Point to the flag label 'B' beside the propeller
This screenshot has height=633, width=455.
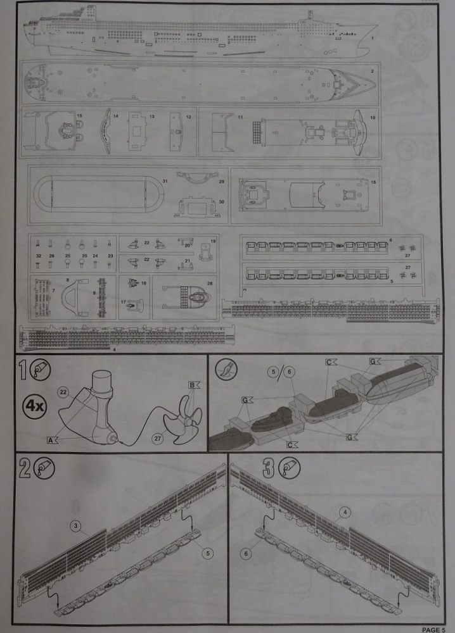click(191, 385)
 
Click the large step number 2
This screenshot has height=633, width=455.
click(25, 469)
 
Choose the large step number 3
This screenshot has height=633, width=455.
click(268, 469)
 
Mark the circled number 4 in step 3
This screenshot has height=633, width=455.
click(345, 511)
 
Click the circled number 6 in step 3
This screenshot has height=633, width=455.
click(246, 553)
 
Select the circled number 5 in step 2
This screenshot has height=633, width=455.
click(208, 552)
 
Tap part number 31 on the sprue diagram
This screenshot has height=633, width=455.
click(165, 182)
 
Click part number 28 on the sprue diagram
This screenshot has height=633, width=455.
click(210, 282)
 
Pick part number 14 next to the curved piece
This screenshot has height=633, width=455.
click(116, 116)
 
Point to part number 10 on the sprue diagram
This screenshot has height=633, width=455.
click(372, 118)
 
